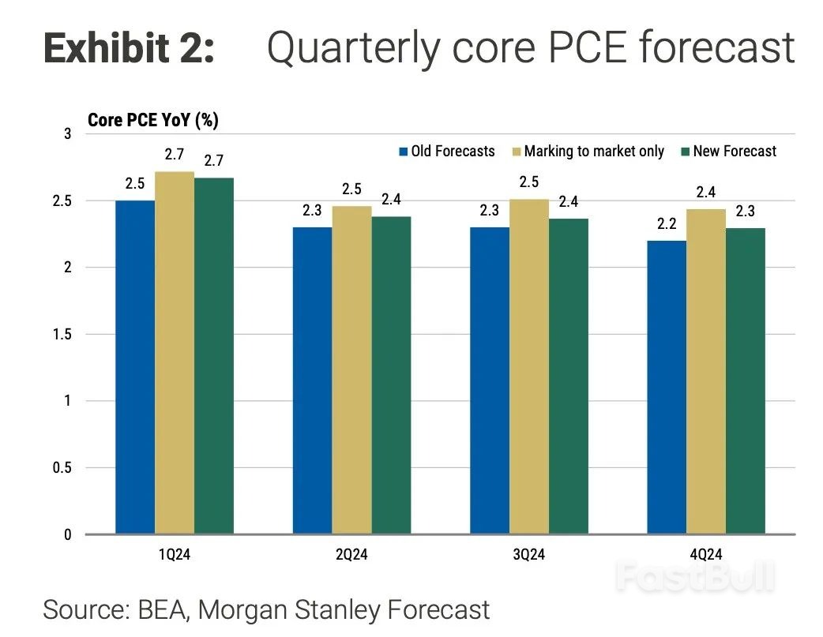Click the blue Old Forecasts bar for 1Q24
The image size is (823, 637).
(x=135, y=367)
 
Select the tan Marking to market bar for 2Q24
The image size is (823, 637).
(x=351, y=370)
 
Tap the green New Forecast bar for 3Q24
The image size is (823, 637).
(x=569, y=377)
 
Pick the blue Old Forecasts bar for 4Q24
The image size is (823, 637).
(x=667, y=388)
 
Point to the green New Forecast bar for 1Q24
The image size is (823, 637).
(x=213, y=356)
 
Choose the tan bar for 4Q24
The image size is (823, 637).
(x=706, y=372)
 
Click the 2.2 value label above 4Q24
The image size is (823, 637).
(x=667, y=224)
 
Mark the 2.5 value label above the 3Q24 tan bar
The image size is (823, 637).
(x=529, y=182)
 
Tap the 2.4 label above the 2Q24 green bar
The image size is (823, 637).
(x=391, y=200)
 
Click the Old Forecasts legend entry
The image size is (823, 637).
(x=447, y=152)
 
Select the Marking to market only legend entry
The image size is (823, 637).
(x=588, y=152)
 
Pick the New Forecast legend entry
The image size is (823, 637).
(x=728, y=152)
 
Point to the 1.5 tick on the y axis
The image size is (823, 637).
(x=62, y=334)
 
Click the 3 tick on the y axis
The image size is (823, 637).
(x=68, y=134)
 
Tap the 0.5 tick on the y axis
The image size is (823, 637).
(x=62, y=467)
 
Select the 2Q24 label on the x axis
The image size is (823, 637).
(x=351, y=555)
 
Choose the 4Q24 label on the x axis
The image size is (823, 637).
(x=706, y=555)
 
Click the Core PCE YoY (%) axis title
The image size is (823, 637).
(x=152, y=120)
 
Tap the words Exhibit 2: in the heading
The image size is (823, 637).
(x=129, y=47)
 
